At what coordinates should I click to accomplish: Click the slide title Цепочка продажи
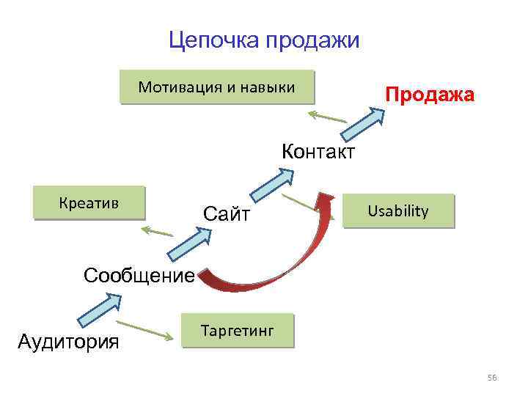[x=264, y=40]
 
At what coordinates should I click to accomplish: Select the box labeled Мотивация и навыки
[x=216, y=88]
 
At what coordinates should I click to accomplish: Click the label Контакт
[x=318, y=153]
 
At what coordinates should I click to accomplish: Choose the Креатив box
[x=90, y=202]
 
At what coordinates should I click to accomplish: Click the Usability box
[x=399, y=212]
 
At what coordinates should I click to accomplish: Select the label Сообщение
[x=139, y=276]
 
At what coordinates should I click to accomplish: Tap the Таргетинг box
[x=237, y=331]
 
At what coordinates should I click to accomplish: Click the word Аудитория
[x=68, y=341]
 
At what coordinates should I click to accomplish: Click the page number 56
[x=492, y=378]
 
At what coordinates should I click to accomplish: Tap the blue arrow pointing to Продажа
[x=362, y=124]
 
